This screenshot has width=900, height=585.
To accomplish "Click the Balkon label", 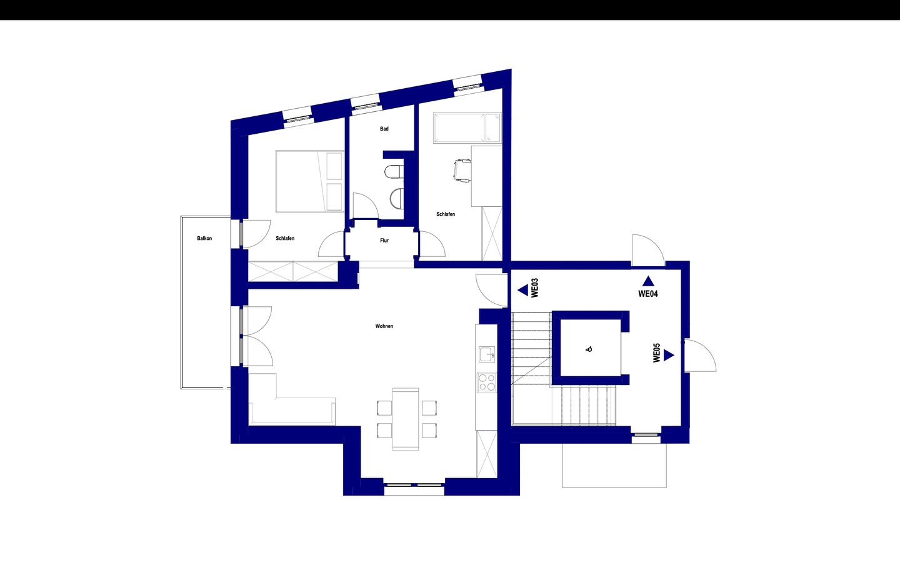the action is coord(204,238).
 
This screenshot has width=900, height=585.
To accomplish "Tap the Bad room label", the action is coord(384,129).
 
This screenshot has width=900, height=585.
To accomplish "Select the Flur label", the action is coord(384,240).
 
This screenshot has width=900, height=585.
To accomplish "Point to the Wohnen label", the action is coord(384,326).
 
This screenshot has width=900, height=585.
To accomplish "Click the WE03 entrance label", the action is coord(534,288).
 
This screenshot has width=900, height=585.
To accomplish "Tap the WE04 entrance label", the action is coord(648,294).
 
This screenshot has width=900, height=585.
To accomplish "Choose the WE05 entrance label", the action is coord(656,352).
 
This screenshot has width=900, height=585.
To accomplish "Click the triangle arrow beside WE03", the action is coord(522,290).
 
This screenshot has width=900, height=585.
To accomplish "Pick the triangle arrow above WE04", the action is coord(648,281).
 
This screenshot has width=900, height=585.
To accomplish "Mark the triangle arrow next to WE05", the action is coord(669,355).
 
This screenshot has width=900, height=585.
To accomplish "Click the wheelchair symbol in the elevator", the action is coord(589,349).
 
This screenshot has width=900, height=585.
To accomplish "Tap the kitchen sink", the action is coord(486,354).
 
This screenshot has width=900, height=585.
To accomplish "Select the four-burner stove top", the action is coord(487,382).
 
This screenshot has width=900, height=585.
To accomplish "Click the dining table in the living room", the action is coord(406,419).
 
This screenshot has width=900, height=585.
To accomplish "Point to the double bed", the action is coord(310,181).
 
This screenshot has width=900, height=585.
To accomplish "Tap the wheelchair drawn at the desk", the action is coord(462,171).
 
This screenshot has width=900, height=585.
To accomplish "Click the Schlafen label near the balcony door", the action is coord(285,238).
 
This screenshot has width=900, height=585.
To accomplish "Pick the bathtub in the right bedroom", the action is coord(467,127).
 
